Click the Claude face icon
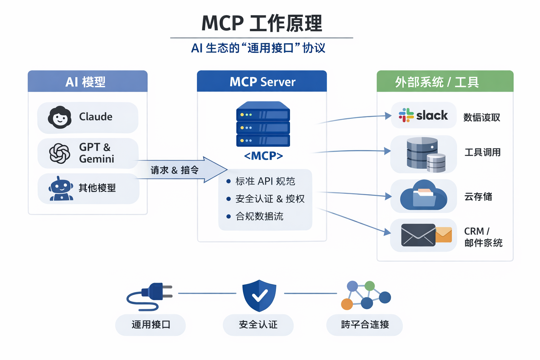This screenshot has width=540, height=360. click(x=60, y=117)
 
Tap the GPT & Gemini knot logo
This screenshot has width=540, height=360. click(x=59, y=153)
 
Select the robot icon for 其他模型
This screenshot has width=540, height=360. click(x=61, y=189)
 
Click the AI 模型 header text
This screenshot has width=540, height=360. click(x=85, y=82)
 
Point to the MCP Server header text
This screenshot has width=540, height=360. click(x=262, y=82)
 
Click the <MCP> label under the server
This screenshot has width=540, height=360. click(x=263, y=156)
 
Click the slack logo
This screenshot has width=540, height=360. click(x=423, y=115)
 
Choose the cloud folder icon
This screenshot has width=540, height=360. click(x=424, y=195)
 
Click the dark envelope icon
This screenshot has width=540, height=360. click(x=418, y=235)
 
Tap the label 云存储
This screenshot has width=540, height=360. click(x=478, y=197)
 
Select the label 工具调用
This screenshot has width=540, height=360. click(x=482, y=152)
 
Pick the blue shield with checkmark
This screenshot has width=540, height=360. click(x=259, y=295)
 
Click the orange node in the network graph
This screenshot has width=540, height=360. click(x=347, y=304)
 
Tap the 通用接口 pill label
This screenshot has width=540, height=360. click(x=151, y=324)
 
